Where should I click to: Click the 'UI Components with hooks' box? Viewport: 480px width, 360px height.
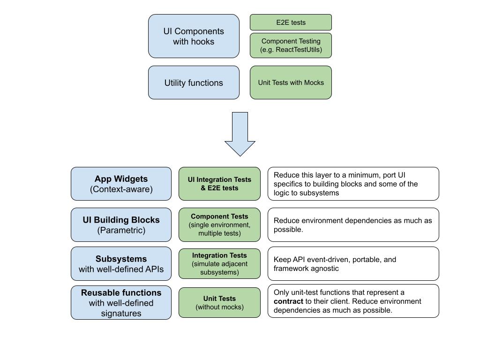coord(194,36)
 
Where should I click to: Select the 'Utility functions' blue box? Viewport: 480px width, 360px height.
coord(194,82)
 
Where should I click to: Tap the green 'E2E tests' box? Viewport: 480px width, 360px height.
coord(291,22)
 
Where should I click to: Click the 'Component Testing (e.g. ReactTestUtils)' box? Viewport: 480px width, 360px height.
coord(291,45)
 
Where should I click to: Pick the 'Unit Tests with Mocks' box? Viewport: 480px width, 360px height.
coord(291,82)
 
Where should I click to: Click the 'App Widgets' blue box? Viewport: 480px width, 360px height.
coord(121,184)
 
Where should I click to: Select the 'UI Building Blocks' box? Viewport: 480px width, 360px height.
coord(121,225)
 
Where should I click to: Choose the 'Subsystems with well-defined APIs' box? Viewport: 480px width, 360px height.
coord(121,263)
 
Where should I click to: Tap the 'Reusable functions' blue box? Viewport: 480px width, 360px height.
coord(121,303)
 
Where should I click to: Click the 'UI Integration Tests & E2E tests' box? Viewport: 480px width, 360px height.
coord(219,184)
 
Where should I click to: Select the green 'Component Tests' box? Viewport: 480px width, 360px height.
coord(219,225)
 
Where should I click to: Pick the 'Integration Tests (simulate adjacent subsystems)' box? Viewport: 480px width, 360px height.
coord(219,263)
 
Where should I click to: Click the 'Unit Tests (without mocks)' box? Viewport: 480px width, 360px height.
coord(219,303)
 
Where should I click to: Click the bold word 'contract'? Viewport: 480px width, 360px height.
coord(288,301)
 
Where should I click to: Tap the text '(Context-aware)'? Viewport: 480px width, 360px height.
coord(121,189)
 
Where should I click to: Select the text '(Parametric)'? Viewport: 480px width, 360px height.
coord(121,230)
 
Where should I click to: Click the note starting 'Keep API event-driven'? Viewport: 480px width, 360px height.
coord(353,263)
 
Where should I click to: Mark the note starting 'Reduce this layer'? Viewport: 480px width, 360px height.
coord(353,184)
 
